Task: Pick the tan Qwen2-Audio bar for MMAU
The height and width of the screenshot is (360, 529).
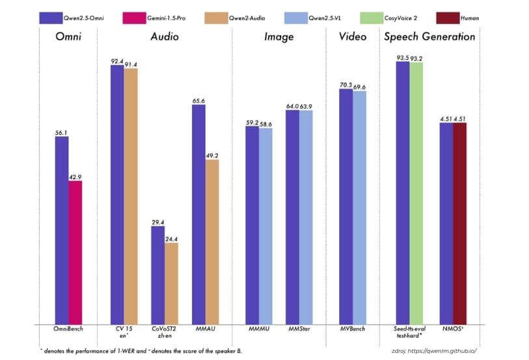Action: click(x=212, y=242)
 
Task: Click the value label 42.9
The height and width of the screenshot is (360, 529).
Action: click(x=75, y=176)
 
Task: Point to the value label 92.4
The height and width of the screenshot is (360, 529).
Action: click(x=117, y=61)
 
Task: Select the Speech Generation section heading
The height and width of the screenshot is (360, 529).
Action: click(x=429, y=37)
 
